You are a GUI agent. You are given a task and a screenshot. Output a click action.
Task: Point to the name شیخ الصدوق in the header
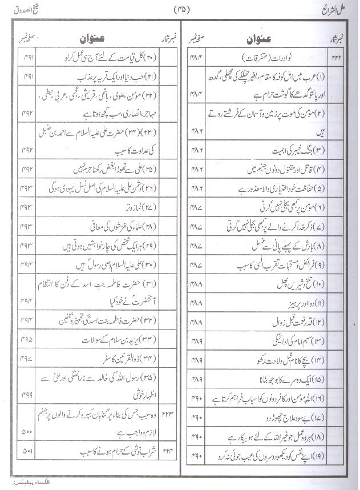[21, 8]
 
